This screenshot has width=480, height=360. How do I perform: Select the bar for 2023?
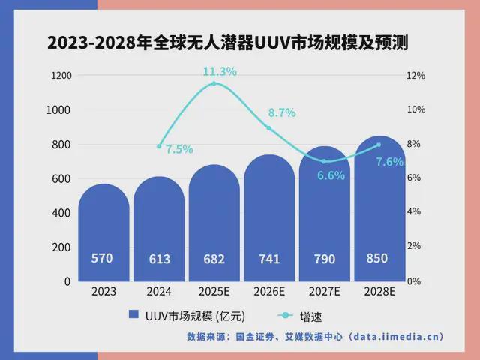click(x=103, y=232)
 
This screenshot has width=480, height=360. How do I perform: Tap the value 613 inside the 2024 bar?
click(x=159, y=259)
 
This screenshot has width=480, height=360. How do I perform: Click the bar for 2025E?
click(x=214, y=225)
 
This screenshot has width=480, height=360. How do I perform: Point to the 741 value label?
click(x=269, y=259)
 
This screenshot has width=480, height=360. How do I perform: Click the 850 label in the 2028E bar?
click(x=377, y=258)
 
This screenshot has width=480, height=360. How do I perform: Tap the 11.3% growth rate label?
click(x=220, y=71)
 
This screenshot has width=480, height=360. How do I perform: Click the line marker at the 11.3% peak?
click(x=214, y=83)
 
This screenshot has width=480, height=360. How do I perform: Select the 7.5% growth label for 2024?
click(x=179, y=149)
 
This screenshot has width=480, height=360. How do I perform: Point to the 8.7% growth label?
click(x=282, y=112)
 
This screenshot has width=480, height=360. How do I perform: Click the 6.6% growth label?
click(x=331, y=176)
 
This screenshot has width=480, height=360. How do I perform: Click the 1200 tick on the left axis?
click(x=61, y=76)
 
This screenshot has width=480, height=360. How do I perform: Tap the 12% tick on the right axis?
click(x=415, y=76)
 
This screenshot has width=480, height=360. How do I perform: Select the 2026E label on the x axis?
click(x=269, y=291)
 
